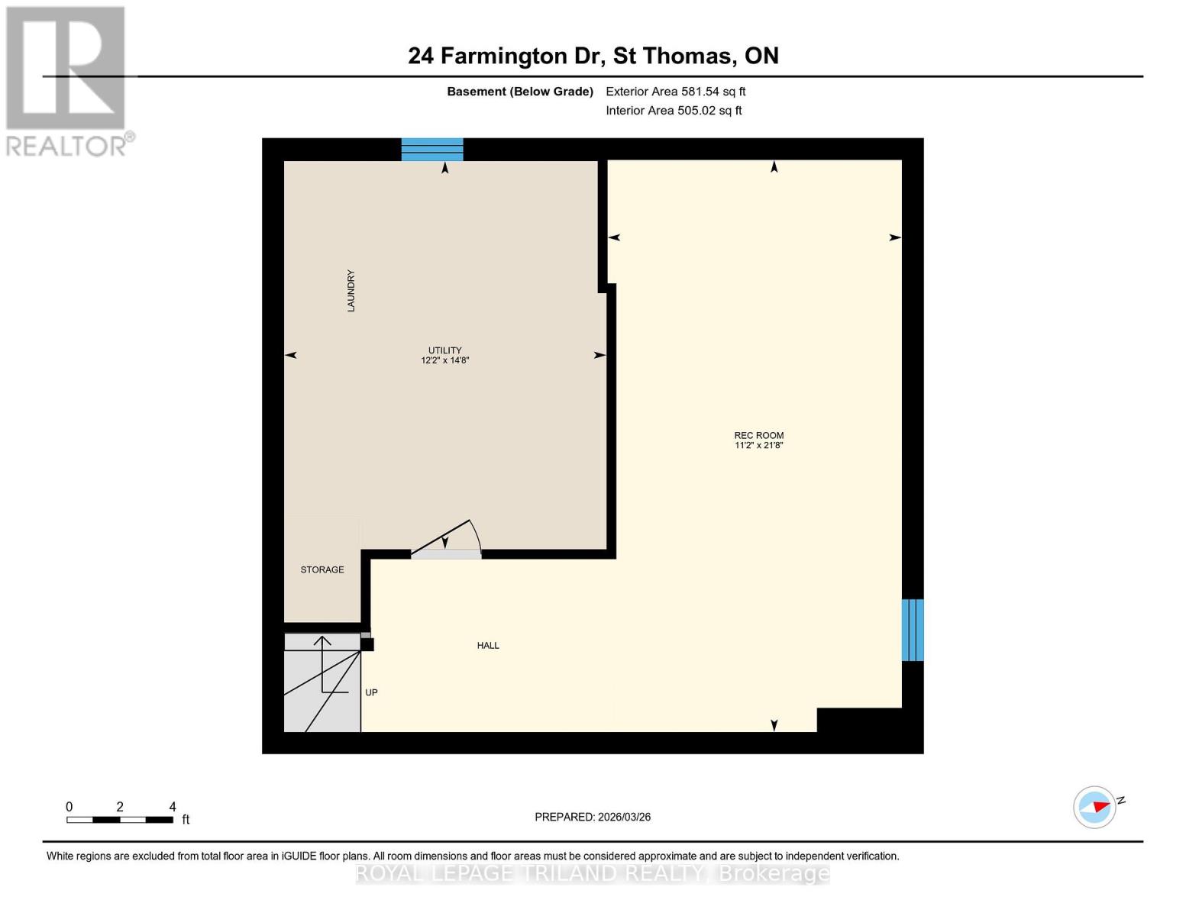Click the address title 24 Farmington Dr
coord(593,56)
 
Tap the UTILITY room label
coord(444,350)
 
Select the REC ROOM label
coord(758,435)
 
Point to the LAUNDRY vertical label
coord(351,291)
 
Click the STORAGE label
coord(322,569)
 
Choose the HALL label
coord(488,645)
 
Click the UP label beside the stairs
coord(371,692)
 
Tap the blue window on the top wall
coord(432,150)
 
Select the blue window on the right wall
coord(913,630)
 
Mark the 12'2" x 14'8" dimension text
coord(444,360)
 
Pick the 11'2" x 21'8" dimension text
coord(758,445)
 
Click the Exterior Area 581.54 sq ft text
coord(675,92)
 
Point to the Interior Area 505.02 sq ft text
coord(674,111)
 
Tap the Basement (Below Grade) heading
coord(519,92)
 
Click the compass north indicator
coord(1095,807)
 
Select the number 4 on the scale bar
coord(173,807)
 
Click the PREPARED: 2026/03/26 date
coord(593,817)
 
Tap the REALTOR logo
coord(67,81)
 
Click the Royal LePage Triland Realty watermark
coord(593,873)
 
